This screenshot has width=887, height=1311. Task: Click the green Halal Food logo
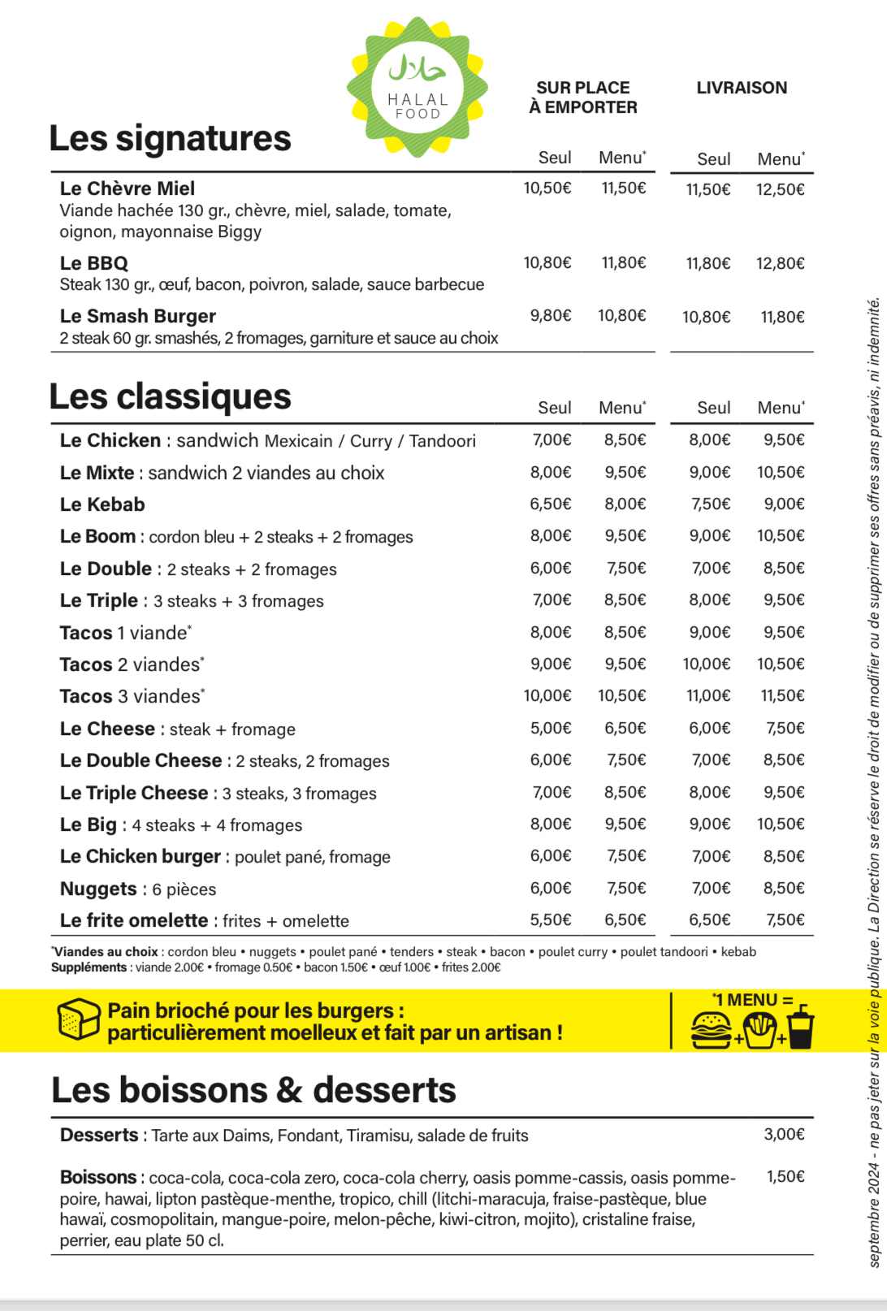coord(418,87)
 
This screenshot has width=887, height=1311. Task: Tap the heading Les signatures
coord(170,138)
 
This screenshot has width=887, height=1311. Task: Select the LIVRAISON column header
coord(742,88)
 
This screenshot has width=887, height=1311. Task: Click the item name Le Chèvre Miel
coord(128,188)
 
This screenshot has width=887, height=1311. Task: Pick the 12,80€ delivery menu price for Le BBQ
coord(780,263)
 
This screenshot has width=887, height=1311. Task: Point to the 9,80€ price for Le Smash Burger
coord(551,316)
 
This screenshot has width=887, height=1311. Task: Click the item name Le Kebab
coord(102,504)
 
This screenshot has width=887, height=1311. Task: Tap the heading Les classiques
coord(170,396)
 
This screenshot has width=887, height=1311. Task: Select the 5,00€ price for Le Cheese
coord(551,728)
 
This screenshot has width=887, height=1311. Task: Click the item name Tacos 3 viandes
coord(131,696)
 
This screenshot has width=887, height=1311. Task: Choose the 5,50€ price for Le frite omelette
coord(551,919)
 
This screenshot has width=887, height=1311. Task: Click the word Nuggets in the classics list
coord(98,889)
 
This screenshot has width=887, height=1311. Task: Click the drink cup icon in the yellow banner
coord(801,1027)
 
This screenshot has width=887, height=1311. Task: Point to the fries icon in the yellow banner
coord(759,1031)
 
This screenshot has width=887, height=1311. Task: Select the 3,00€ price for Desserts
coord(784,1134)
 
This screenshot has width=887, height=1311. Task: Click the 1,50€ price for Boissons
coord(785,1176)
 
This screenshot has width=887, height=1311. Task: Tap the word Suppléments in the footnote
coord(89,967)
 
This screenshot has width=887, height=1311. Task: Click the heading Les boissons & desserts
coord(253,1090)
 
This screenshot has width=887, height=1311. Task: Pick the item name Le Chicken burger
coord(140,856)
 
